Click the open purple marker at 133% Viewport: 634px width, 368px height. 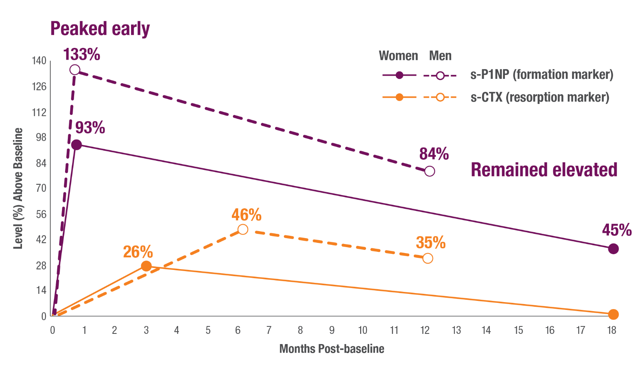pyautogui.click(x=75, y=70)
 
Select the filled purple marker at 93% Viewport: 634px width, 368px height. pyautogui.click(x=77, y=145)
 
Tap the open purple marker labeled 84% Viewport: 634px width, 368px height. pyautogui.click(x=430, y=171)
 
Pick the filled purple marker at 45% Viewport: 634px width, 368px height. pyautogui.click(x=613, y=249)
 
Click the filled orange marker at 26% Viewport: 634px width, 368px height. pyautogui.click(x=146, y=266)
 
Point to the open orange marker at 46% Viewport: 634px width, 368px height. pyautogui.click(x=243, y=229)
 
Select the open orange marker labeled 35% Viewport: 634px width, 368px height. pyautogui.click(x=428, y=258)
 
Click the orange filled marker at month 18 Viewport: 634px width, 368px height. pyautogui.click(x=613, y=314)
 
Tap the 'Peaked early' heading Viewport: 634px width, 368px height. pyautogui.click(x=100, y=29)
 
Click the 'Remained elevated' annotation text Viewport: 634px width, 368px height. pyautogui.click(x=544, y=170)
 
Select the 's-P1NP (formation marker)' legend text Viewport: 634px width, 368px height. pyautogui.click(x=541, y=75)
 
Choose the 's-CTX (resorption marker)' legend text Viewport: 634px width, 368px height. pyautogui.click(x=540, y=97)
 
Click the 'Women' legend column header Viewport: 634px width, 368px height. pyautogui.click(x=398, y=56)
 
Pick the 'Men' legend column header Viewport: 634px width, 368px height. pyautogui.click(x=440, y=56)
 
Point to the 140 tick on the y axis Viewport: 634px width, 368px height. pyautogui.click(x=39, y=61)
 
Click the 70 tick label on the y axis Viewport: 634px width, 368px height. pyautogui.click(x=41, y=188)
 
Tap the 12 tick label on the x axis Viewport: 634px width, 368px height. pyautogui.click(x=425, y=330)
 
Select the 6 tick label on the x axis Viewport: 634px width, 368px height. pyautogui.click(x=238, y=330)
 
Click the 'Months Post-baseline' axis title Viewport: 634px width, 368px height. pyautogui.click(x=332, y=349)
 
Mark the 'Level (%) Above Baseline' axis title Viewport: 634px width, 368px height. pyautogui.click(x=18, y=188)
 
